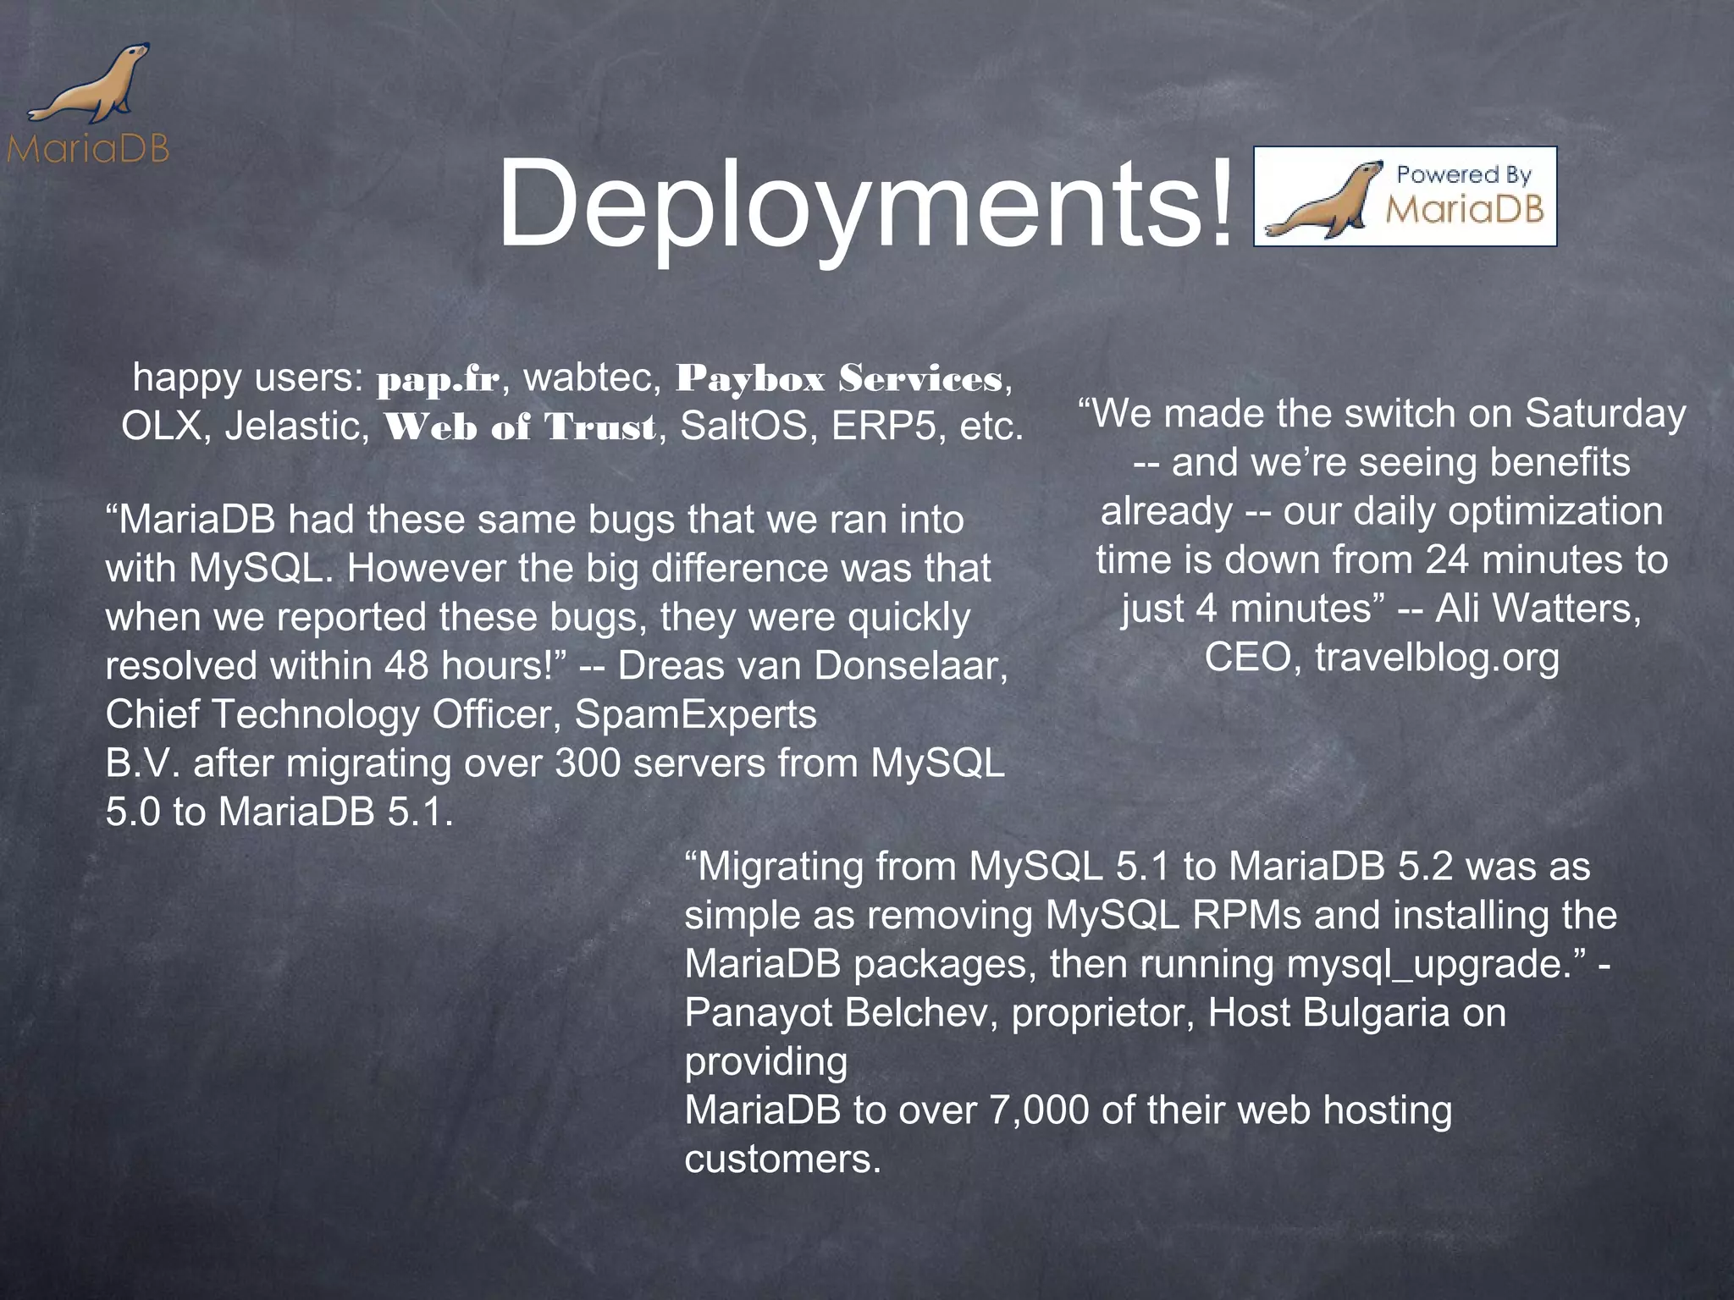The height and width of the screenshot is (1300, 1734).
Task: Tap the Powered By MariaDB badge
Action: click(1405, 196)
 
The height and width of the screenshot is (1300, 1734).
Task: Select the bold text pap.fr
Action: click(439, 380)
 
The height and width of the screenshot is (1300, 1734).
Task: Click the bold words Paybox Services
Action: click(838, 378)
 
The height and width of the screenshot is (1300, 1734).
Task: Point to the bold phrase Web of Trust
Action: click(519, 427)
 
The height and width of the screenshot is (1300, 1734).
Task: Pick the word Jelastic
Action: click(297, 426)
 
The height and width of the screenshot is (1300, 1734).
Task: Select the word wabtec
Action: click(591, 377)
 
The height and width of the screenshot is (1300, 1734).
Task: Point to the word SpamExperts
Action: click(695, 715)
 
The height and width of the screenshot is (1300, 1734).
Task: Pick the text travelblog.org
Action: click(1437, 658)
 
